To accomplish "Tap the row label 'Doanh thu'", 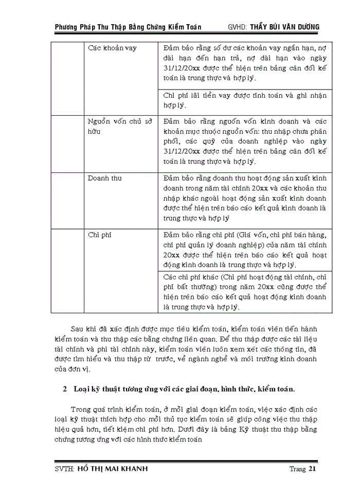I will (x=104, y=178).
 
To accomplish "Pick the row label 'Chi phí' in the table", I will (x=99, y=235).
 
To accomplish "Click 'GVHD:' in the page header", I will (x=238, y=27).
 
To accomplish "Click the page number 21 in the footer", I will (x=312, y=469).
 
